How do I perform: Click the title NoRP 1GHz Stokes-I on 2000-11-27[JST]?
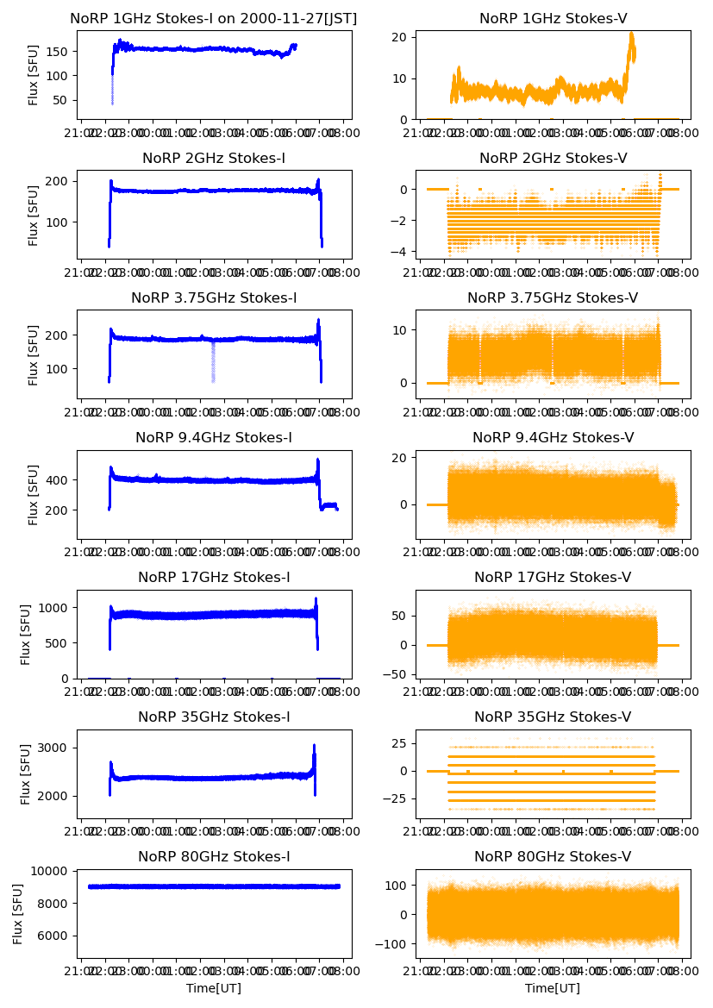point(214,18)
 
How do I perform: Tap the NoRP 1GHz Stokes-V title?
point(553,18)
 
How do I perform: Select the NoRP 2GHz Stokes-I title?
point(214,158)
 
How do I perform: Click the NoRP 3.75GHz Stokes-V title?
point(553,297)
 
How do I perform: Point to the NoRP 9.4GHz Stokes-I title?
point(214,437)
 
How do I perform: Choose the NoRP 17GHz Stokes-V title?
point(553,577)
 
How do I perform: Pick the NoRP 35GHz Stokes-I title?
point(214,717)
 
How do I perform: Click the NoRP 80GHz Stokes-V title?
point(553,856)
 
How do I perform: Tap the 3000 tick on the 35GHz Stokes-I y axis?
point(57,748)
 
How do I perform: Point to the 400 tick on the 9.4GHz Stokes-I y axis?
point(60,479)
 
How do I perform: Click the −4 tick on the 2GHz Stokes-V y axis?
point(401,252)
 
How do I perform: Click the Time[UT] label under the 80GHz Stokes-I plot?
point(214,988)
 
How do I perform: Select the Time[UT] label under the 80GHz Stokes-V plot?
point(553,988)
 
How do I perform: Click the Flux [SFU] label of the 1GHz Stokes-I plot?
point(34,75)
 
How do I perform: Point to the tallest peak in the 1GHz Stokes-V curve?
point(632,35)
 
